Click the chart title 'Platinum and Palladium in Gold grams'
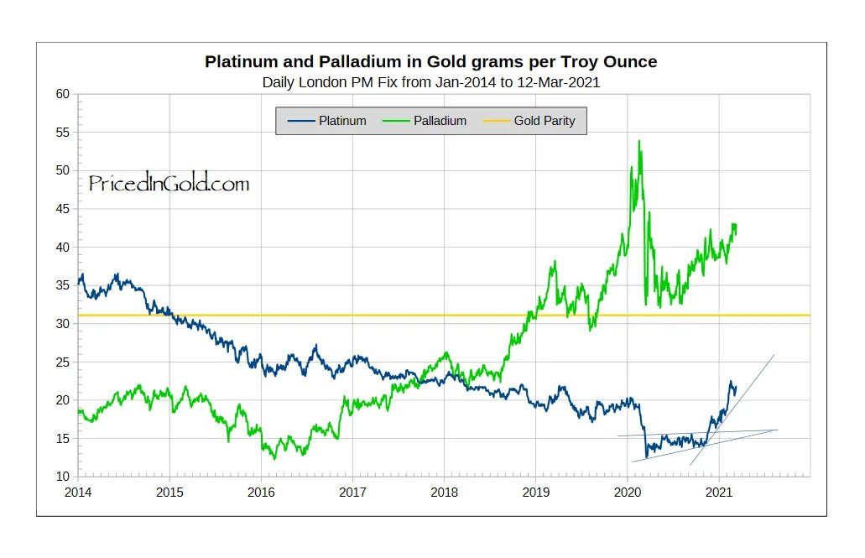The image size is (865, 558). (x=431, y=61)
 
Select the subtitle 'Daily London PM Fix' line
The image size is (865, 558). (x=431, y=82)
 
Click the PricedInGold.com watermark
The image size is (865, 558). (x=169, y=184)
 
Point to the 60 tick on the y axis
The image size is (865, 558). (x=63, y=94)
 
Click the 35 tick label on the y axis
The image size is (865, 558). (x=63, y=285)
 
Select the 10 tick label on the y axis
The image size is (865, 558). (x=63, y=477)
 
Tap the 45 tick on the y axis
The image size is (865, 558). (x=63, y=209)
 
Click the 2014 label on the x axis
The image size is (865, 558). (x=78, y=492)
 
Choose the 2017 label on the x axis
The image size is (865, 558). (x=353, y=492)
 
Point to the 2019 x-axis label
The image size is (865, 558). (x=536, y=492)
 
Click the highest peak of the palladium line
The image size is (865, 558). (x=639, y=141)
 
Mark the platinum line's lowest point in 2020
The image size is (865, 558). (x=646, y=457)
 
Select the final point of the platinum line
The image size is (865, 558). (x=736, y=387)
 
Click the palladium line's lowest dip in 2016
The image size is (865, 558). (x=274, y=458)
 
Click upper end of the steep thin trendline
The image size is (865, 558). (x=774, y=354)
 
